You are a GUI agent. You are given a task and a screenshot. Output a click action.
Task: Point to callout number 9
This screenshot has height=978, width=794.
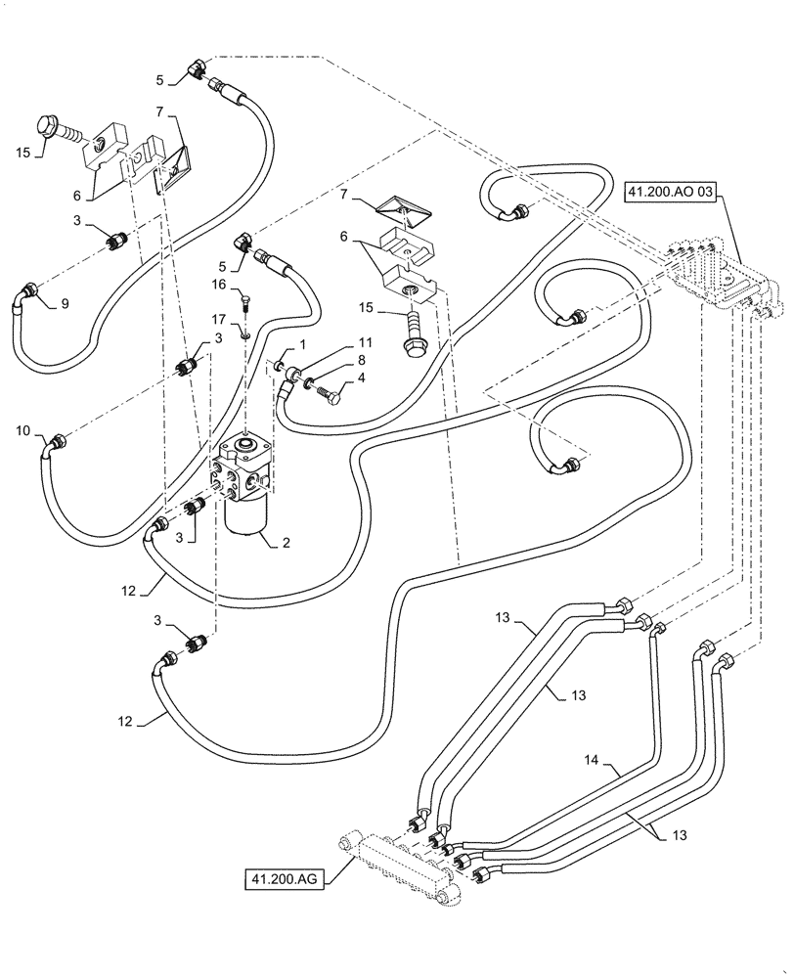click(x=65, y=303)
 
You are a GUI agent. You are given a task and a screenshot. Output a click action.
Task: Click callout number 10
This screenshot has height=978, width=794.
click(x=23, y=430)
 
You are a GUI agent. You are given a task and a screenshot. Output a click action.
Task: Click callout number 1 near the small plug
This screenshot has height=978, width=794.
click(x=303, y=344)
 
